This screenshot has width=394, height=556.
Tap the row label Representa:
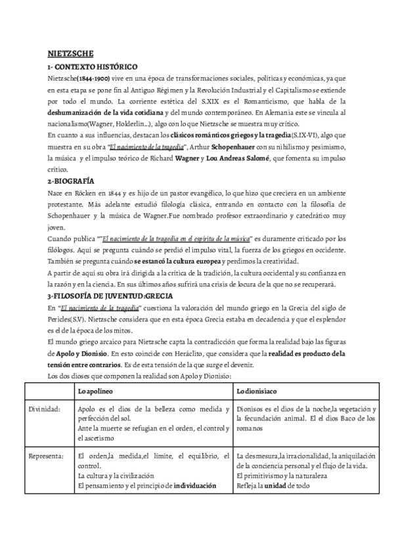[47, 456]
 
